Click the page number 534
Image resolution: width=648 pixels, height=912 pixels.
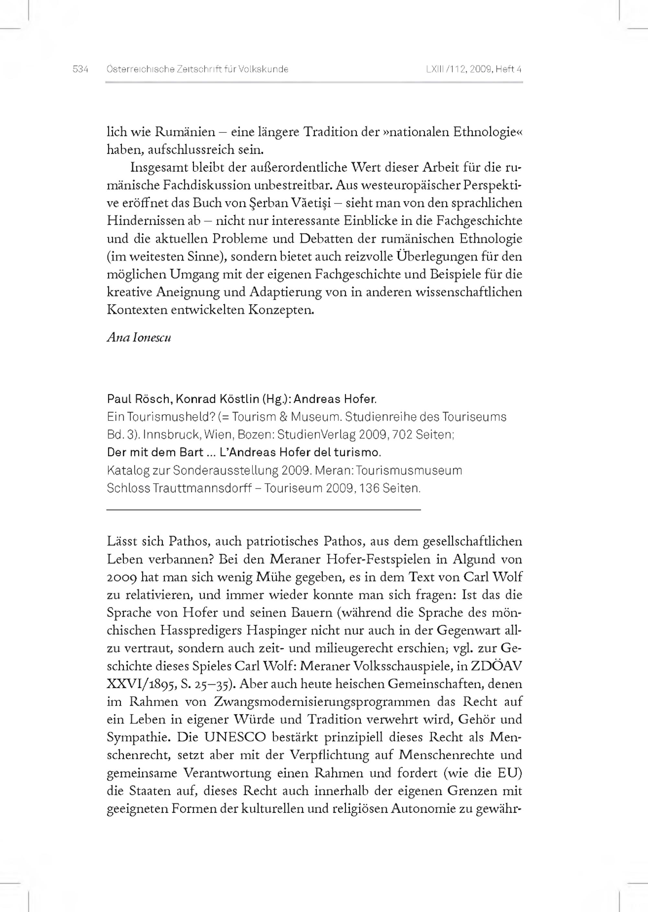click(80, 69)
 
